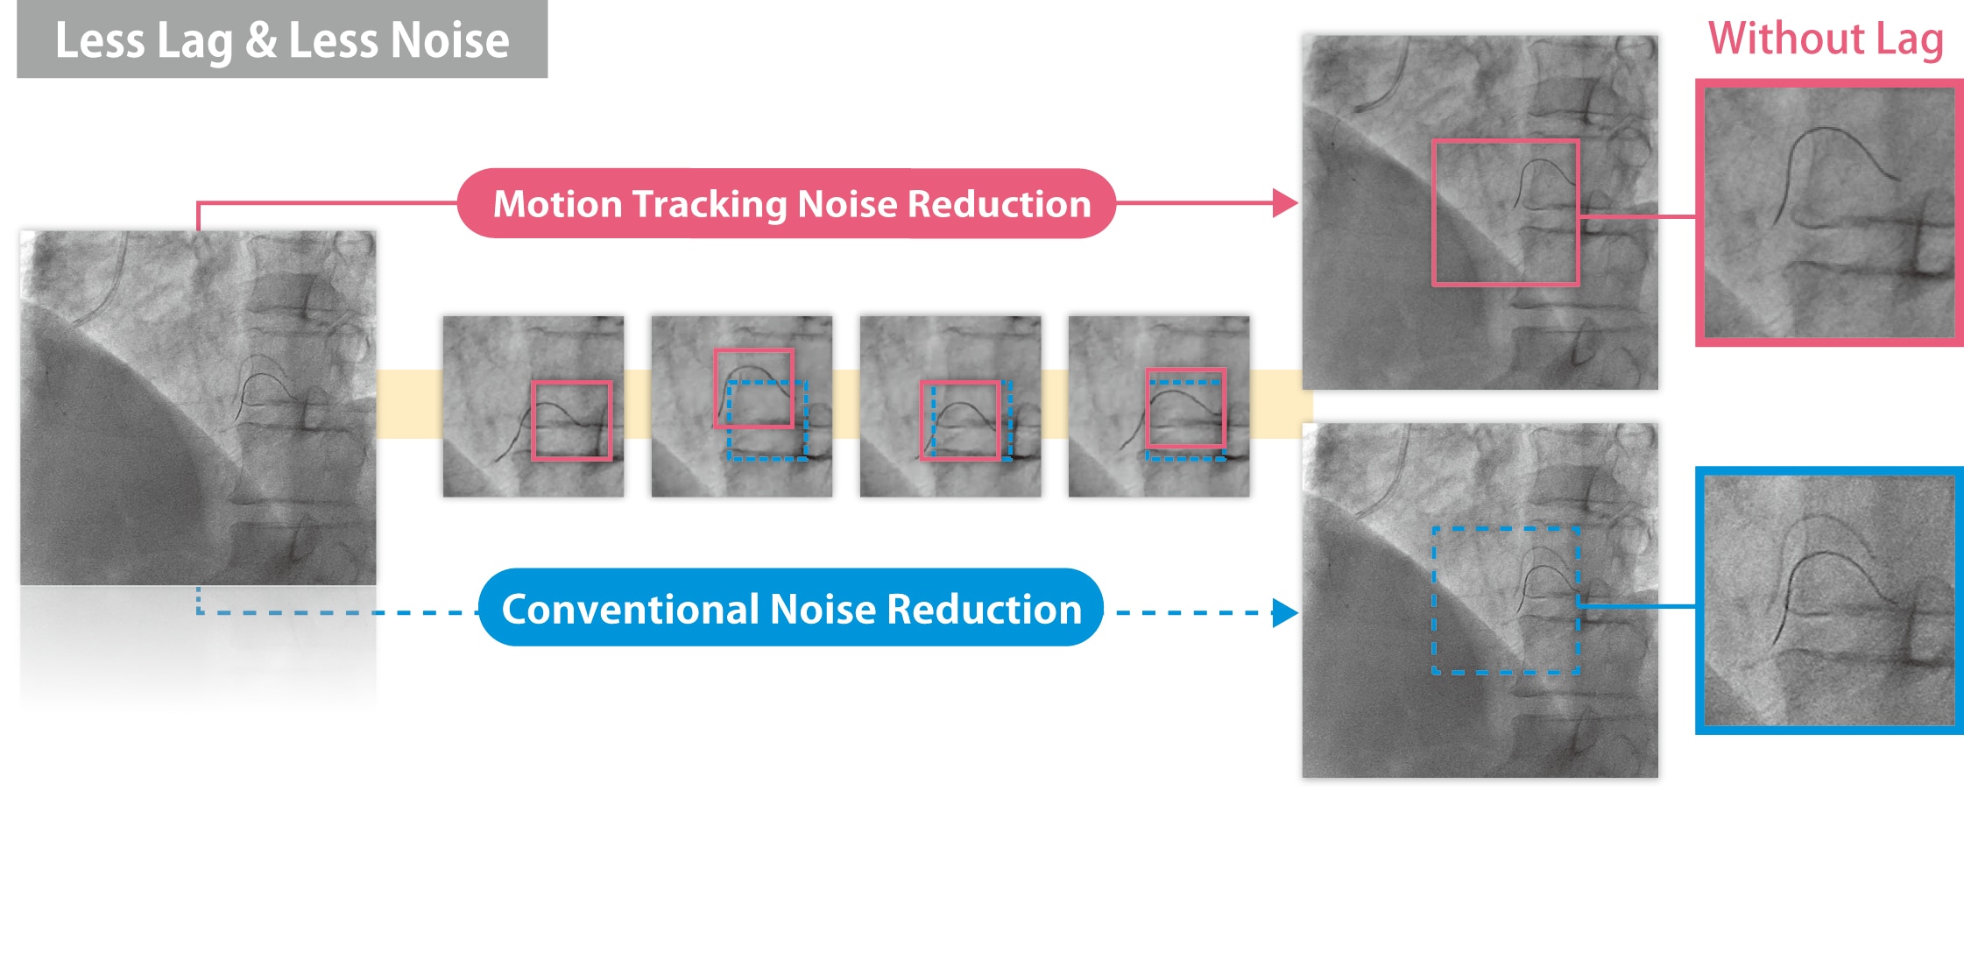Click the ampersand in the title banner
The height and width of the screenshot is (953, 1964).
coord(261,40)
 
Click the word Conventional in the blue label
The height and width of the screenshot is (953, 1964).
coord(627,609)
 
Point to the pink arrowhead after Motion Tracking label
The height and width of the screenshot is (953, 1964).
coord(1285,203)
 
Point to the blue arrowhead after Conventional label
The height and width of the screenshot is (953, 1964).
coord(1285,613)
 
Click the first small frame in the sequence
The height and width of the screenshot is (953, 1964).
coord(533,406)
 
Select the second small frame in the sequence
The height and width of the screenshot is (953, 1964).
coord(742,406)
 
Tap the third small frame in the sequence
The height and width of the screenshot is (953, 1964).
coord(950,406)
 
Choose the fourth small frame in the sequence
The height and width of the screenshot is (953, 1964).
coord(1159,406)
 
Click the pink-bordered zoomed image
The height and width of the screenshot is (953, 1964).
coord(1829,213)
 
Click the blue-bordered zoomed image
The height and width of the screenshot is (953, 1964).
coord(1829,601)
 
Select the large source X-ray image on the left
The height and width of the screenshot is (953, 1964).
coord(199,408)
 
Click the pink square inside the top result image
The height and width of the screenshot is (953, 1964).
coord(1433,213)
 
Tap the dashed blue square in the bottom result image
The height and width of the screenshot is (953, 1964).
coord(1434,601)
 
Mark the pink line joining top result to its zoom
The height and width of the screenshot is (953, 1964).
coord(1637,215)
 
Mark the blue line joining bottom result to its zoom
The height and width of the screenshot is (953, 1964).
coord(1637,605)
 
